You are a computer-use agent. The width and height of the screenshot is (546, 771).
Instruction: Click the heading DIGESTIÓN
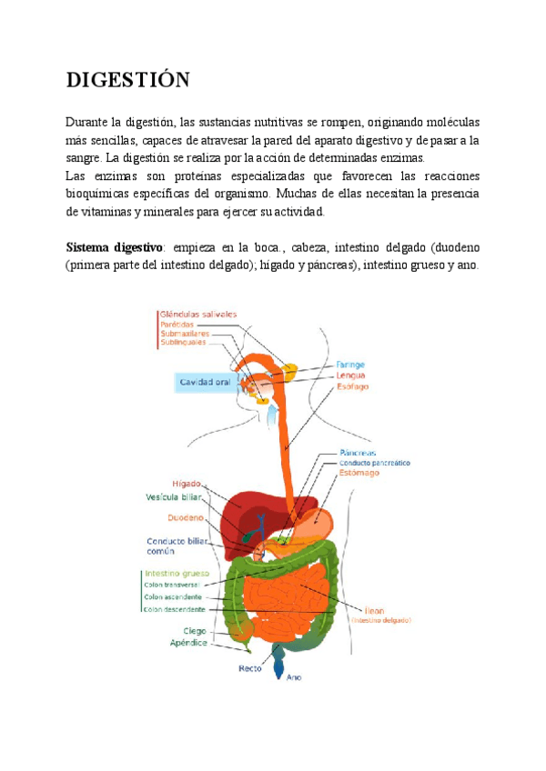pos(127,80)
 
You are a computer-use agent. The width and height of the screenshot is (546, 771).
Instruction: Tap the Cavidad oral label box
pos(205,383)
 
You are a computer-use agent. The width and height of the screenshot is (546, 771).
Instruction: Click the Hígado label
pos(186,483)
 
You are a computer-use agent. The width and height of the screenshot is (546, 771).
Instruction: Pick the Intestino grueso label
pos(177,574)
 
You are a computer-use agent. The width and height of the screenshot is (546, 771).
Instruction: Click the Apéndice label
pos(189,643)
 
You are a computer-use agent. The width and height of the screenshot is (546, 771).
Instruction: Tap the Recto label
pos(250,668)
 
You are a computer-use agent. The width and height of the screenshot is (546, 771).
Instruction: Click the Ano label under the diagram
pos(294,677)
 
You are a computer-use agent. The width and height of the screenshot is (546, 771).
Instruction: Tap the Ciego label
pos(195,630)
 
